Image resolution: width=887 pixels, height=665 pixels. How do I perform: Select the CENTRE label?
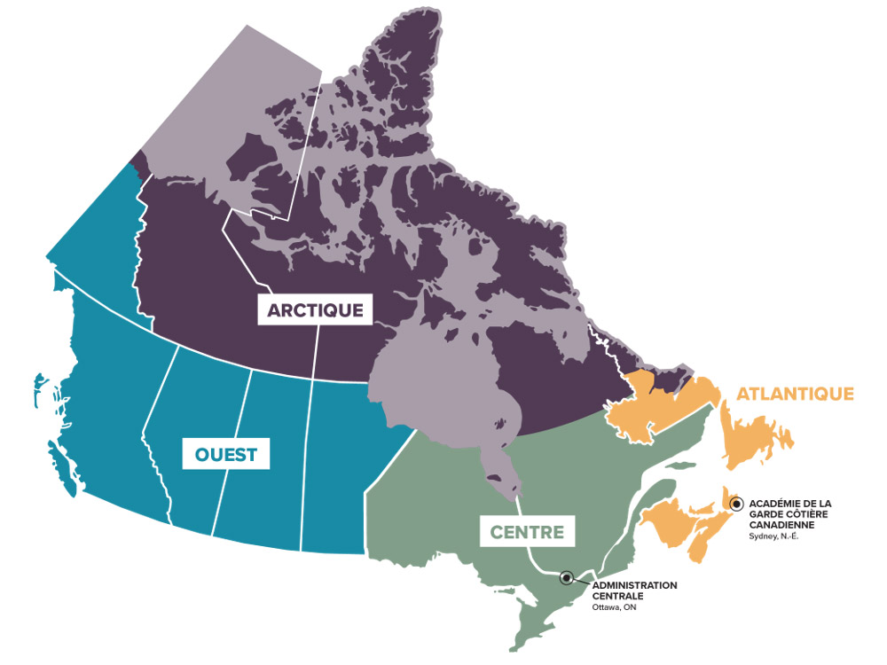coord(528,532)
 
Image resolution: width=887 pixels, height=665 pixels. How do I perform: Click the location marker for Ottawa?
coord(567,578)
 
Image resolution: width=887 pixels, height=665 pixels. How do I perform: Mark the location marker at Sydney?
coord(736,504)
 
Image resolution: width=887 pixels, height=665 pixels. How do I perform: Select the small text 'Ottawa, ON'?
coord(614,607)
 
